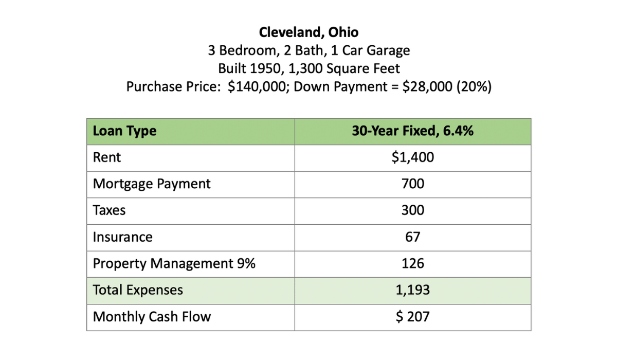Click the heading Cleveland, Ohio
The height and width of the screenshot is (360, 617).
tap(308, 32)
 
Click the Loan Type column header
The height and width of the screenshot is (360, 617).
tap(124, 131)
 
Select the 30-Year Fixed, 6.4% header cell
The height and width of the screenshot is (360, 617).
tap(412, 131)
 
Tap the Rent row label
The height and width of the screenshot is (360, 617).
tap(107, 157)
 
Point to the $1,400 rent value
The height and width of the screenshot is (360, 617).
tap(412, 157)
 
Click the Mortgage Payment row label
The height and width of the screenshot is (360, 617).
tap(152, 184)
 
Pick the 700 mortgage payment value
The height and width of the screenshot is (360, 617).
tap(412, 184)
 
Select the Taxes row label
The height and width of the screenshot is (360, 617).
tap(109, 210)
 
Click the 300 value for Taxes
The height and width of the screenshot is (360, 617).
tap(412, 210)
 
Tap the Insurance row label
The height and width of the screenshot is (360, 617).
tap(123, 237)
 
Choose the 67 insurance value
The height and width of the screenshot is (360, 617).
tap(412, 237)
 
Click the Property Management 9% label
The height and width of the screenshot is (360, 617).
tap(174, 264)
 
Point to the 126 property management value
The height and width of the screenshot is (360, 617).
tap(412, 264)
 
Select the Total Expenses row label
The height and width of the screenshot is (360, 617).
tap(138, 290)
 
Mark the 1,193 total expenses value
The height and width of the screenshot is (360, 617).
tap(412, 290)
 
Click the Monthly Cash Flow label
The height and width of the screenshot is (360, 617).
tap(152, 317)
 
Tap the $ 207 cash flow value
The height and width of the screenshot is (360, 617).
tap(412, 317)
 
